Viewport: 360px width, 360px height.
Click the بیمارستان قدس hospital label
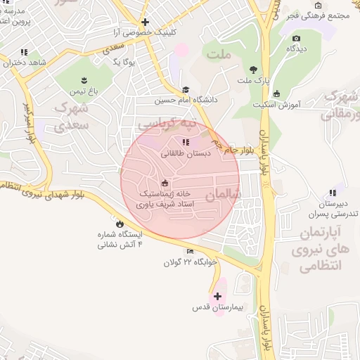(217, 308)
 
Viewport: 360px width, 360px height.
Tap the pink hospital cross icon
(217, 296)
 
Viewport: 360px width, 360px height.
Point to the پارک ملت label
(252, 82)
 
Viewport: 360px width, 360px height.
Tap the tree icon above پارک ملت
(252, 69)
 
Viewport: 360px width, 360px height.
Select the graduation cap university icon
(186, 90)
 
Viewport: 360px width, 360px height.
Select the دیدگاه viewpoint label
(296, 49)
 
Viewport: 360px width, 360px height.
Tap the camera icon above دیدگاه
(296, 38)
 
